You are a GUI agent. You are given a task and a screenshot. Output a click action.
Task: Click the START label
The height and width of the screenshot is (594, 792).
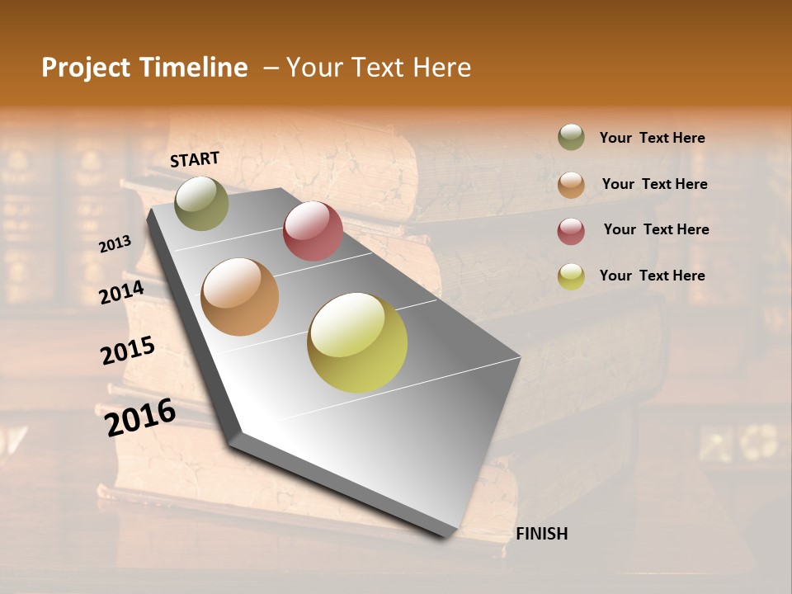click(195, 159)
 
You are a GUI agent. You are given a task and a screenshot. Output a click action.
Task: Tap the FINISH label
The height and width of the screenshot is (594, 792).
click(542, 534)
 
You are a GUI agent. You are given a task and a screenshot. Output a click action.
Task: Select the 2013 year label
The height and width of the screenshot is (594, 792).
click(115, 244)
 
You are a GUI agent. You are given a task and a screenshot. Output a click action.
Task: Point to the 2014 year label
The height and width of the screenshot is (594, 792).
click(122, 293)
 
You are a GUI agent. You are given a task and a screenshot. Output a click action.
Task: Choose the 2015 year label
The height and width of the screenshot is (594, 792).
click(128, 351)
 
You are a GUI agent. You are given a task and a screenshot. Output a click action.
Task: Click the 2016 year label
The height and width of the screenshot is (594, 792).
click(140, 417)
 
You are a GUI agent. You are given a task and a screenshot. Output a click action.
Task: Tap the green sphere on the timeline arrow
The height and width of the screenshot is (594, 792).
click(201, 203)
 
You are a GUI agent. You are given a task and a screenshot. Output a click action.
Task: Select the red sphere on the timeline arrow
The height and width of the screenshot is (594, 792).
click(313, 231)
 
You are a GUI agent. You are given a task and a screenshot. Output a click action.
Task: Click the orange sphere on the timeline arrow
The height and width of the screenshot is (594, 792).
click(240, 297)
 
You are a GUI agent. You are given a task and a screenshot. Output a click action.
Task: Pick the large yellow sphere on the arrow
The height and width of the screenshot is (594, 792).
click(357, 342)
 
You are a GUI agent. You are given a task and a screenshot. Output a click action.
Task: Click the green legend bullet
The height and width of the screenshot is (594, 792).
click(571, 137)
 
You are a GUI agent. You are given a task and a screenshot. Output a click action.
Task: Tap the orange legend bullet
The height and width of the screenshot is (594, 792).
click(571, 184)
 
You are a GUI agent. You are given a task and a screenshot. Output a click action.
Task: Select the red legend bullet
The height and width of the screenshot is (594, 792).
click(571, 231)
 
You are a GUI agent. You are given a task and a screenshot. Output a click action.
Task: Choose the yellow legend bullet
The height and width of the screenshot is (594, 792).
click(571, 276)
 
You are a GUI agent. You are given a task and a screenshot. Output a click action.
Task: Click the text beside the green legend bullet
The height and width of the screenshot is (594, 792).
click(653, 139)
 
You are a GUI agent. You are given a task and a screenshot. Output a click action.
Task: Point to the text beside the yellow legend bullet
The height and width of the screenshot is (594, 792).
click(653, 276)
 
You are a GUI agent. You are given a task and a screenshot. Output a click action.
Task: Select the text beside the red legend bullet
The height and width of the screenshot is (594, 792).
click(656, 229)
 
